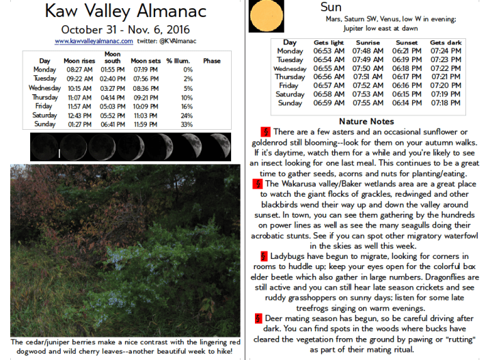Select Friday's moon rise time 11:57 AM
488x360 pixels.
pos(79,107)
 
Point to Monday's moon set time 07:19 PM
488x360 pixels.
pos(145,70)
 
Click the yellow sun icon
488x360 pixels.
pos(263,15)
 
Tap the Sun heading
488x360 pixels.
pos(331,8)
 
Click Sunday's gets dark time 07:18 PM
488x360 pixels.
pos(446,103)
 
